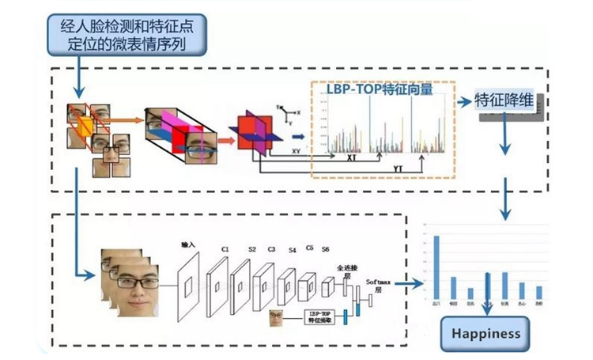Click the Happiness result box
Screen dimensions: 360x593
(485, 333)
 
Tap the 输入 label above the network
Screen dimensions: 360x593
(187, 246)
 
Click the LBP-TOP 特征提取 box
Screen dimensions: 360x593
(320, 319)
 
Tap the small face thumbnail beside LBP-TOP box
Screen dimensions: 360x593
(277, 318)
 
